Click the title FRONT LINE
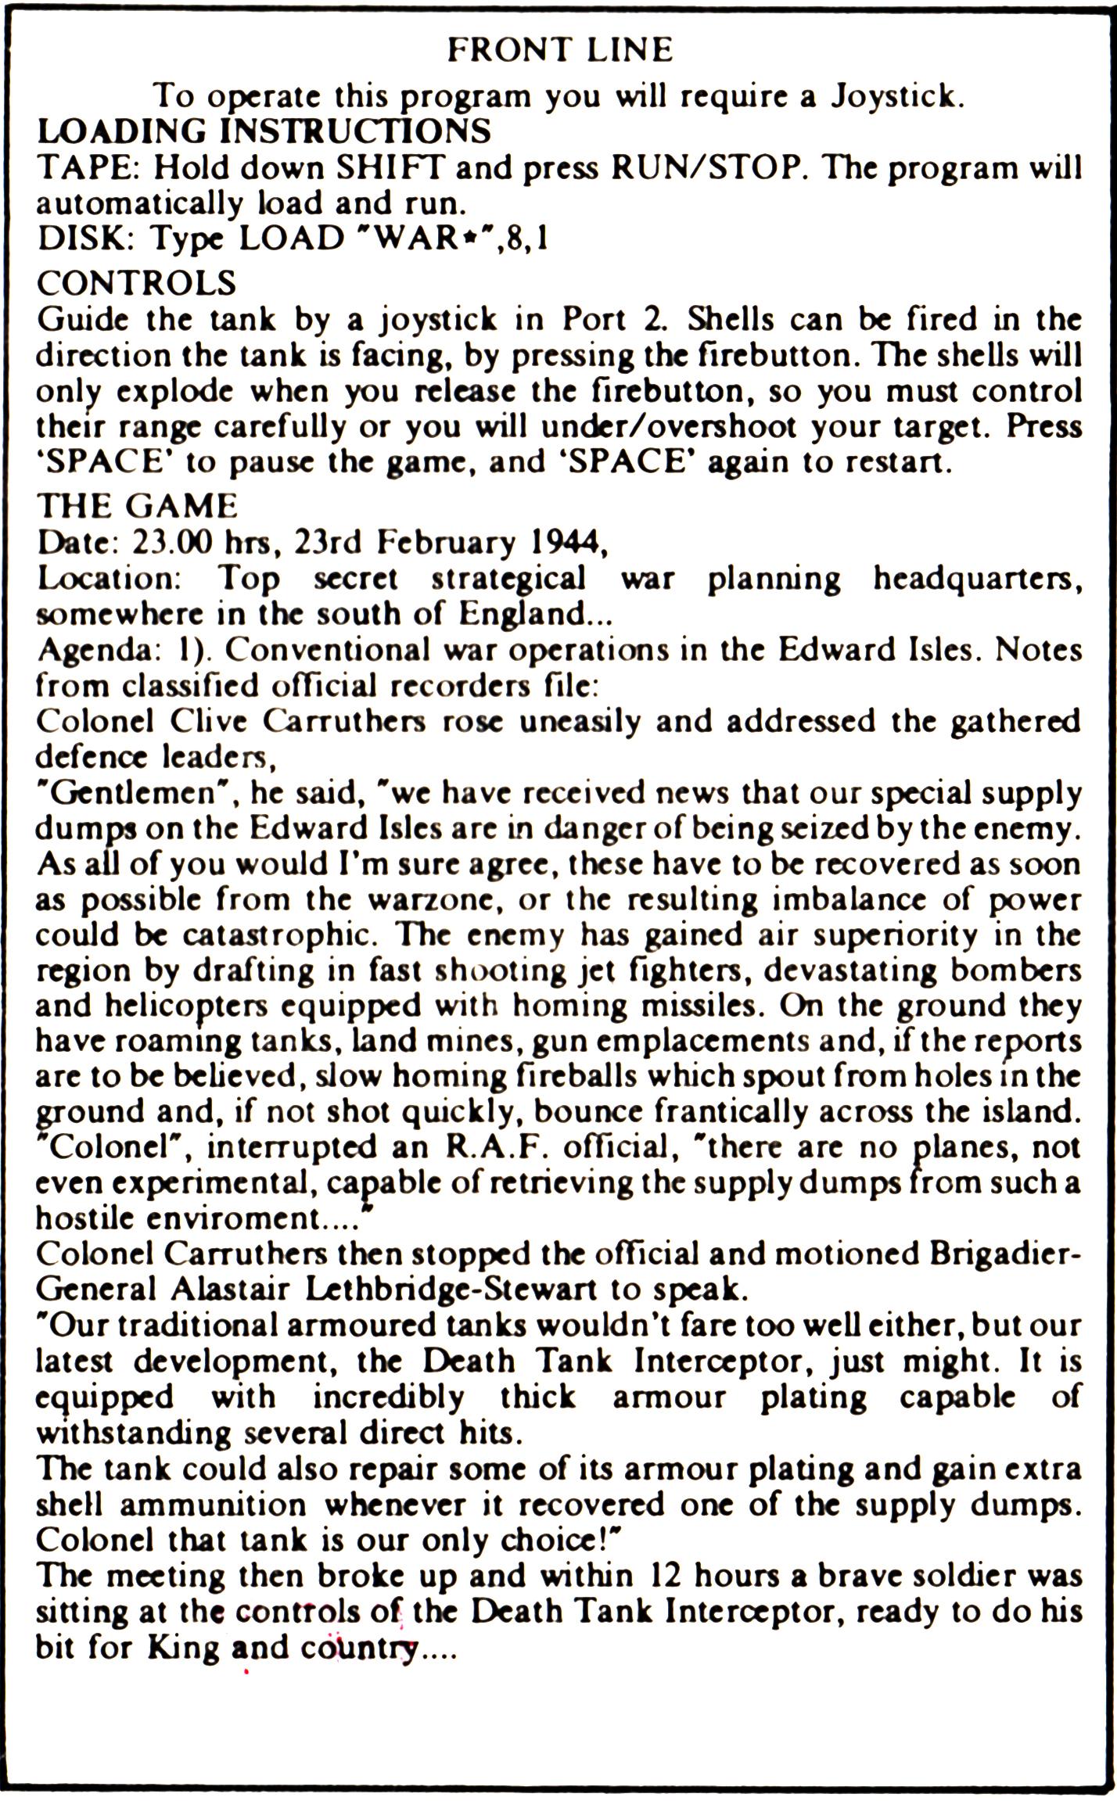tap(559, 51)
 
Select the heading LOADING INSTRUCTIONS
tap(264, 131)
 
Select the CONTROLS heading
tap(136, 282)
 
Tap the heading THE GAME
tap(137, 506)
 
